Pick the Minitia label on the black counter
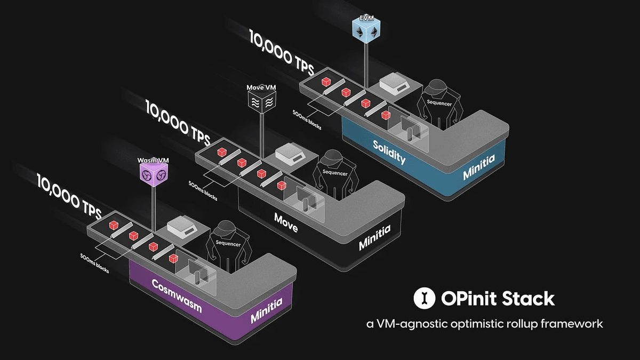[374, 237]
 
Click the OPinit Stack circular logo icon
[425, 299]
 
